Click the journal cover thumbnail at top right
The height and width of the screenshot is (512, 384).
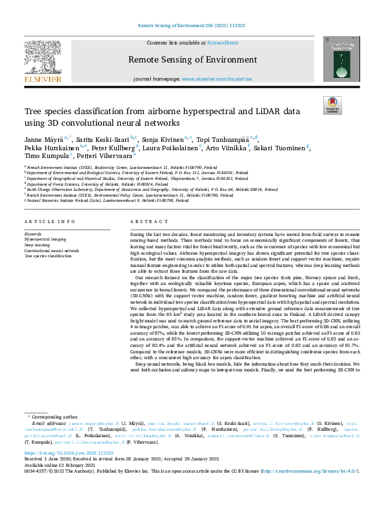341,59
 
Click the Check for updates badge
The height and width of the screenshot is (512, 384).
332,106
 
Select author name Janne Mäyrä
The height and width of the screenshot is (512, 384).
45,139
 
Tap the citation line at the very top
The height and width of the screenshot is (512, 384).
192,26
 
